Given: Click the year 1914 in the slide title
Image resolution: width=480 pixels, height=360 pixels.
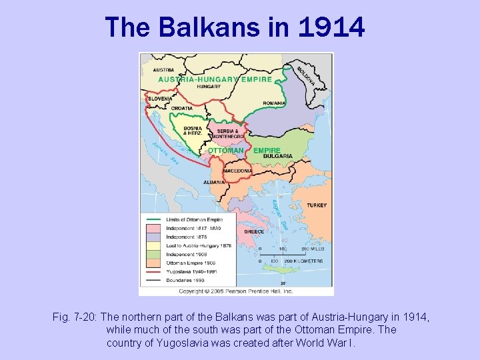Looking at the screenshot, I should click(331, 28).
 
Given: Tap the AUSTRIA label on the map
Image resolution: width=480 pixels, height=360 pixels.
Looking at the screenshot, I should click(163, 70).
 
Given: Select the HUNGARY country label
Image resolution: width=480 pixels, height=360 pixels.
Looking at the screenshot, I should click(209, 86).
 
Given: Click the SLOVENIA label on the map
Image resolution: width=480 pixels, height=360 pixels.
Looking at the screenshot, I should click(160, 98).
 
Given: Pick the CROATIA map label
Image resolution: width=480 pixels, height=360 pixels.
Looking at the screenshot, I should click(182, 108).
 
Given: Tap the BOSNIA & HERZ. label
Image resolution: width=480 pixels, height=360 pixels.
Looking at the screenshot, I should click(193, 131).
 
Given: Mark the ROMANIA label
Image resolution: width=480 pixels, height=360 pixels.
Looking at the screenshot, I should click(274, 103).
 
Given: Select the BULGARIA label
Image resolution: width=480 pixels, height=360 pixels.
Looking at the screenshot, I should click(278, 156).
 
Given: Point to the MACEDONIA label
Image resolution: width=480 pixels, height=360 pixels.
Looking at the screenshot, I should click(238, 171).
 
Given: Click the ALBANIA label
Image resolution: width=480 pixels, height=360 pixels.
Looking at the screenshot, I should click(213, 181).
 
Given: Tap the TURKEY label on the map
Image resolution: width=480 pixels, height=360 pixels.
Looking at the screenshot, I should click(317, 205).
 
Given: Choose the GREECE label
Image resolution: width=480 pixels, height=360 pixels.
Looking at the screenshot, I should click(253, 231).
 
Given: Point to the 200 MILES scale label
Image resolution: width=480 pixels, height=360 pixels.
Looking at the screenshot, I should click(312, 249).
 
